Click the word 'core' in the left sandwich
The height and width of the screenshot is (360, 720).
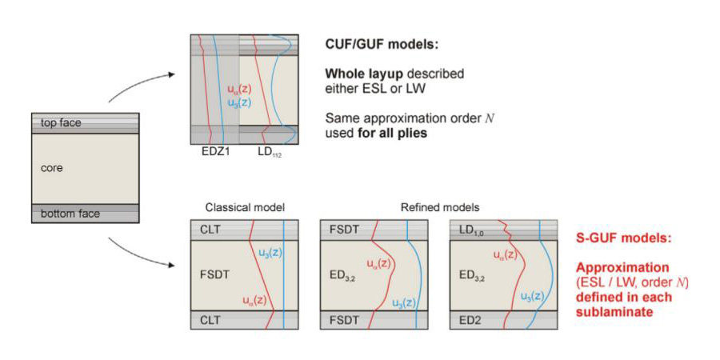50,169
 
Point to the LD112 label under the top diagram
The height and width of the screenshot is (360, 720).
270,150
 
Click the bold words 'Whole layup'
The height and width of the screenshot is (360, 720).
361,74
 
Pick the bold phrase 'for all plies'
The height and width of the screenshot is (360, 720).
394,132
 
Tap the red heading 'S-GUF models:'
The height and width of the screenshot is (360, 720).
618,238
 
